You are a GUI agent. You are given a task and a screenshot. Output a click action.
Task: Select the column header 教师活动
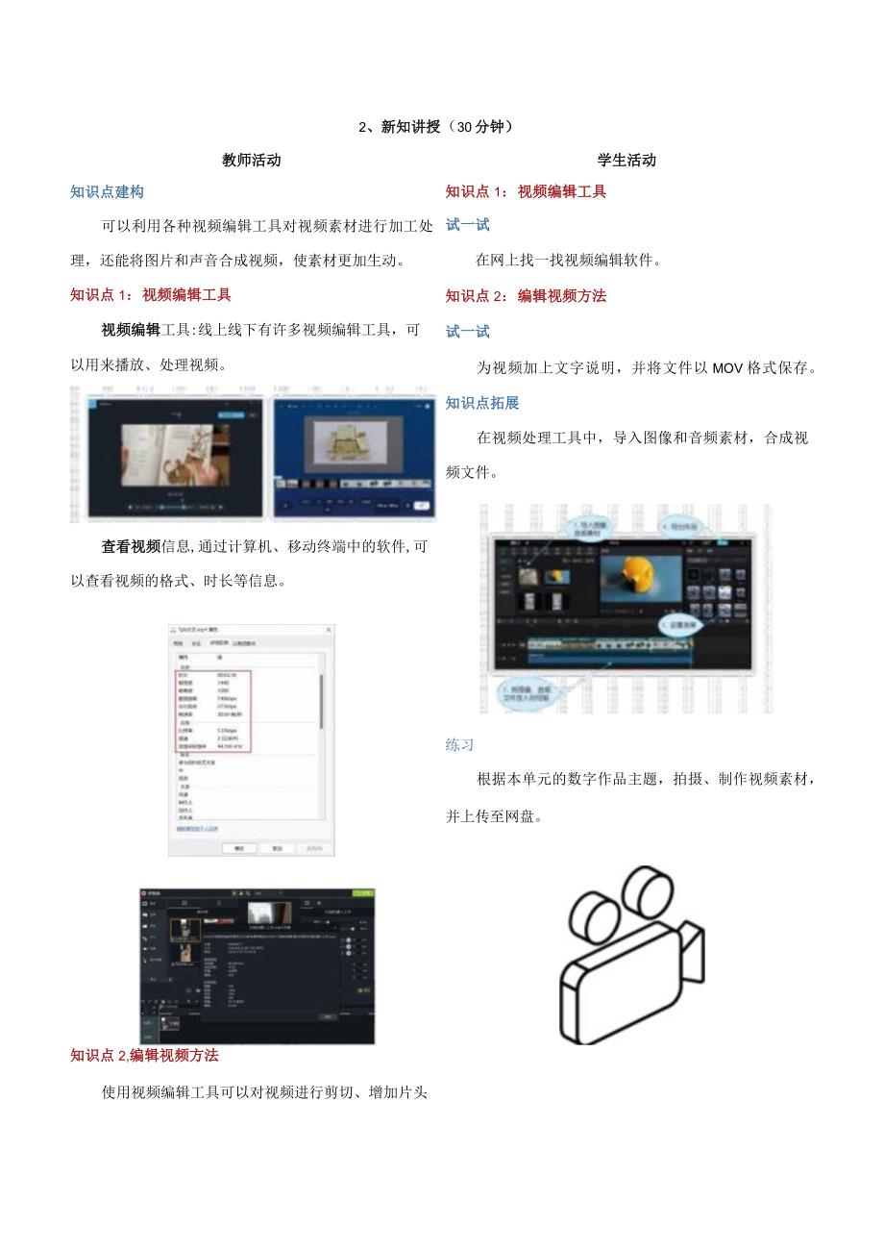pyautogui.click(x=252, y=161)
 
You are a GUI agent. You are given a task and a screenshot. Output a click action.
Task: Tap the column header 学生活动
pyautogui.click(x=626, y=161)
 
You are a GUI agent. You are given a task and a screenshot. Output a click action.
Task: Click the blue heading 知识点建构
pyautogui.click(x=107, y=191)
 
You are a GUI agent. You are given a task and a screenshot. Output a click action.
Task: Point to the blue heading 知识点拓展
pyautogui.click(x=481, y=403)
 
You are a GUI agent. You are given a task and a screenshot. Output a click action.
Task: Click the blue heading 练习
pyautogui.click(x=460, y=744)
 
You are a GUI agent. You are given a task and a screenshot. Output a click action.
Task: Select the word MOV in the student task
pyautogui.click(x=728, y=367)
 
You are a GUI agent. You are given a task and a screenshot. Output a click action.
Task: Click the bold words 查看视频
pyautogui.click(x=131, y=547)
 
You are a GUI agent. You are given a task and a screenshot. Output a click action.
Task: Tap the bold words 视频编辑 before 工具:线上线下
pyautogui.click(x=131, y=330)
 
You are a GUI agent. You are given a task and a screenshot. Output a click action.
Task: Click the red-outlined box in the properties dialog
pyautogui.click(x=213, y=712)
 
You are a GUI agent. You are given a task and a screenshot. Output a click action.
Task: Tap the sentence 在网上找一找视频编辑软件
pyautogui.click(x=569, y=260)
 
